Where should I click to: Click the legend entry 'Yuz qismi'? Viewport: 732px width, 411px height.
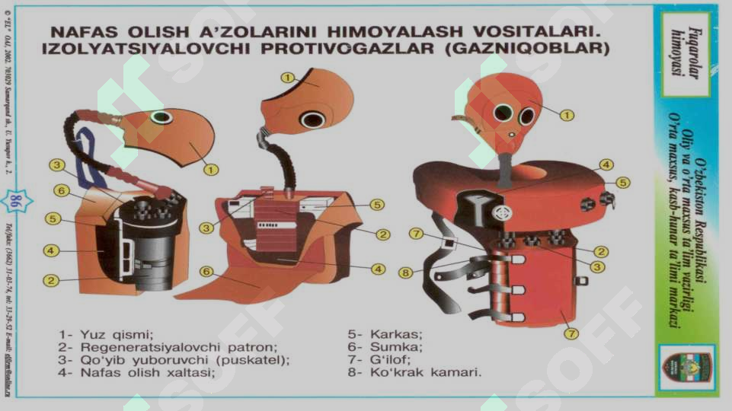point(107,334)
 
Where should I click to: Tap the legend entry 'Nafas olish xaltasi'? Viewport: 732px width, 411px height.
point(138,373)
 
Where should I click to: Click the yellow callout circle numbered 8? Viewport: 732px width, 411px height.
point(406,272)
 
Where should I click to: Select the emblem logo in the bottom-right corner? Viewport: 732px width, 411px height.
point(685,365)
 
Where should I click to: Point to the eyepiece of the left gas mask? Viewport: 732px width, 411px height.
point(161,117)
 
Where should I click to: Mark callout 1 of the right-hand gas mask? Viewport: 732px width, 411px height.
point(567,115)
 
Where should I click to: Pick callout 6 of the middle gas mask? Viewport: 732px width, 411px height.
point(206,272)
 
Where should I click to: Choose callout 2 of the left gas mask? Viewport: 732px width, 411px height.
point(51,281)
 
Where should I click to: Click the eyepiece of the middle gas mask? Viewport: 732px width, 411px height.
point(312,119)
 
